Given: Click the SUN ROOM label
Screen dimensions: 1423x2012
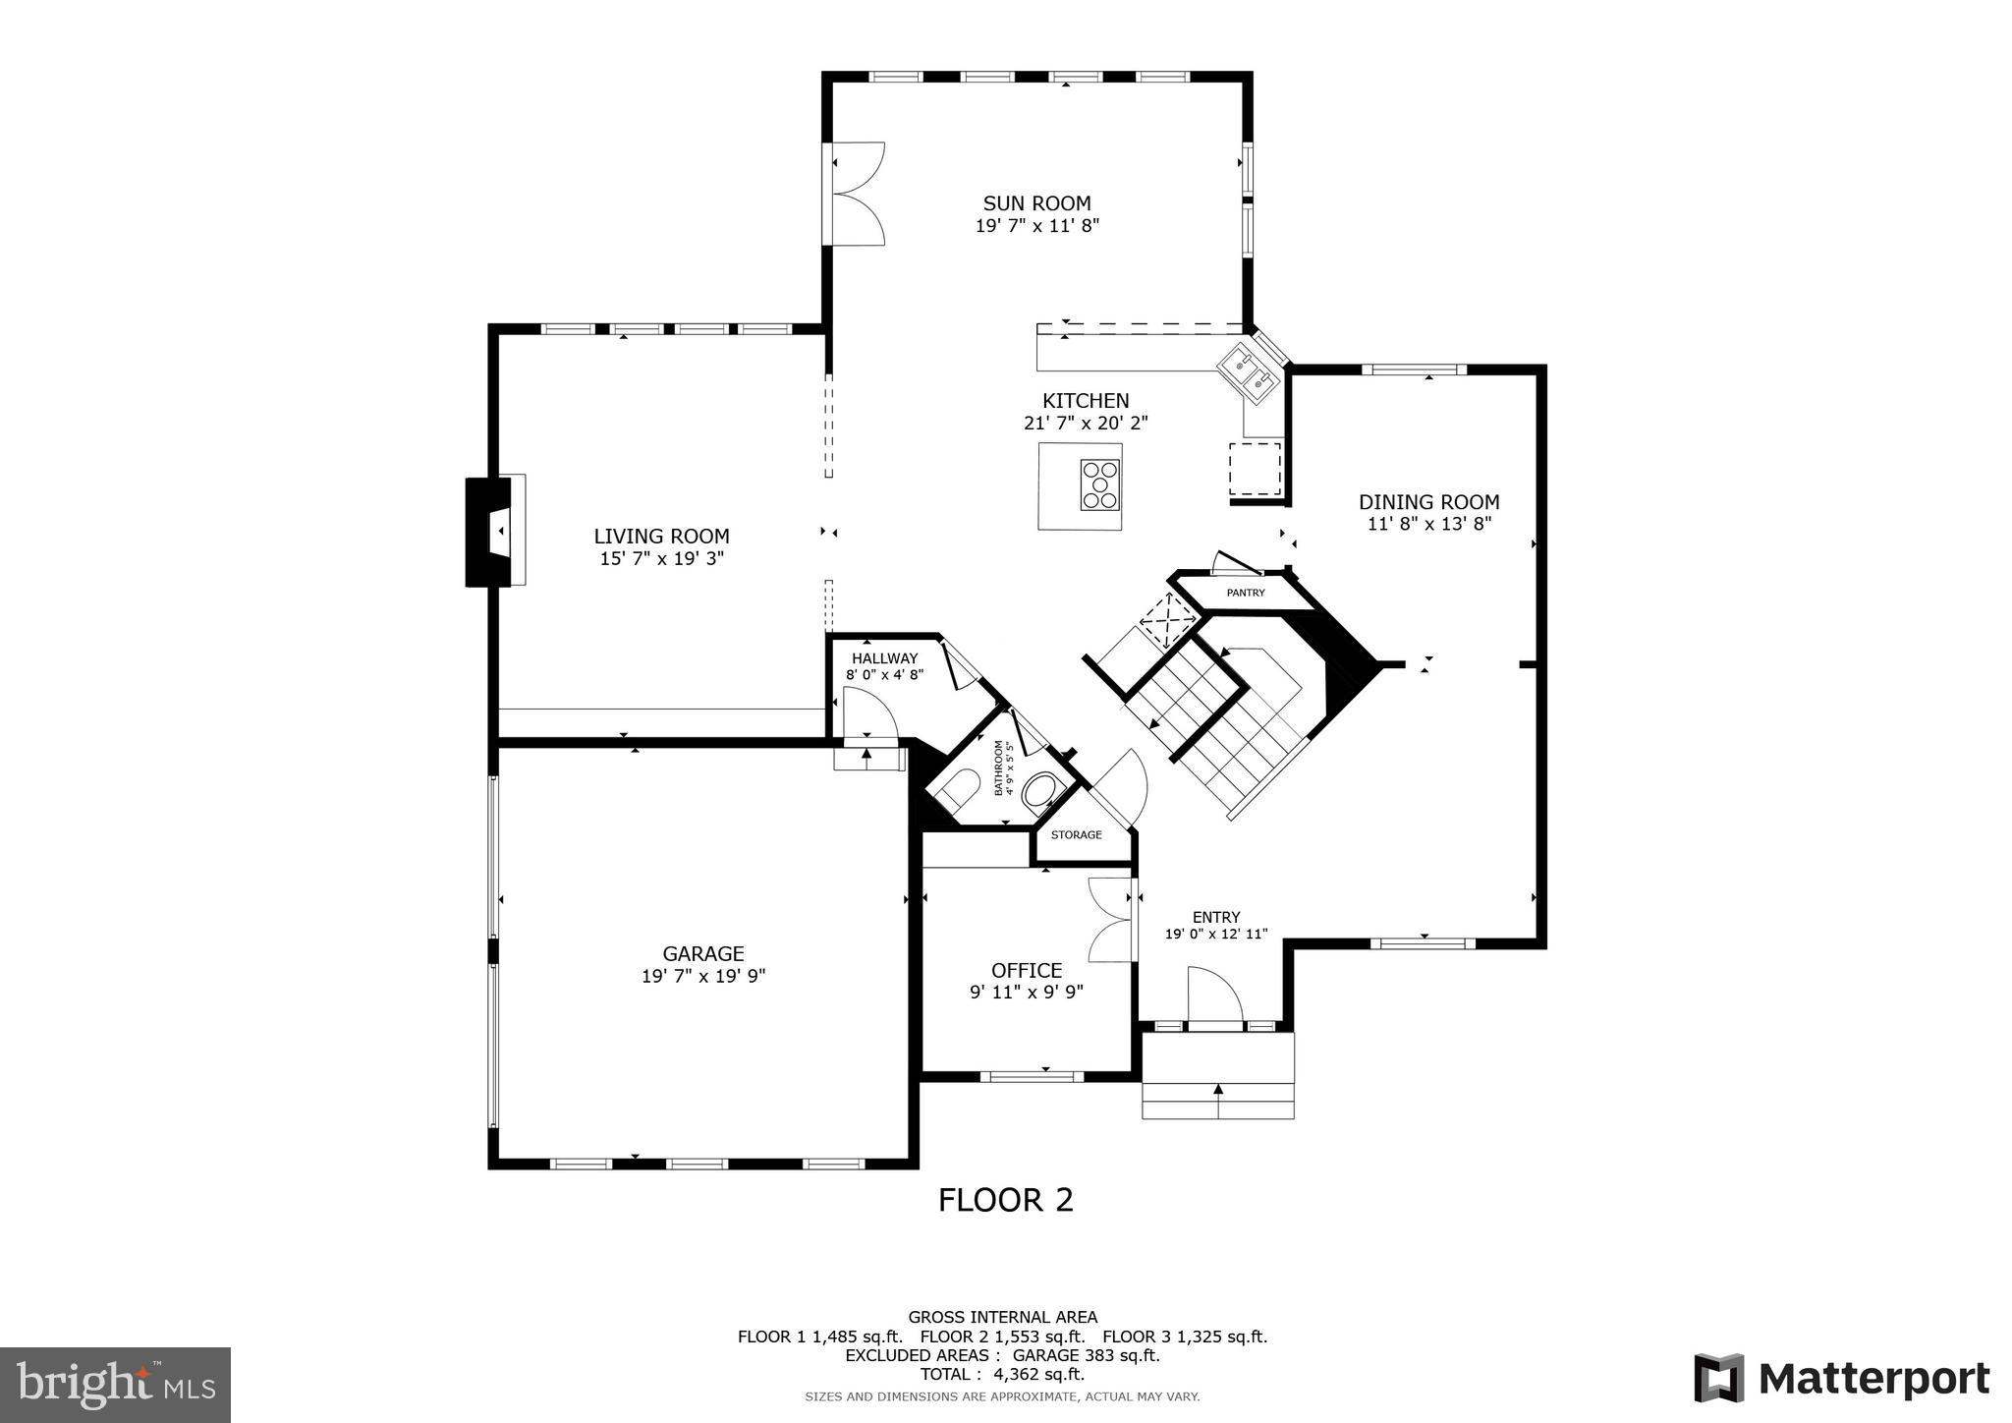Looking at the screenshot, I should pyautogui.click(x=1036, y=203).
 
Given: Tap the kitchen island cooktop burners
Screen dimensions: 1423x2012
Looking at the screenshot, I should pyautogui.click(x=1100, y=484).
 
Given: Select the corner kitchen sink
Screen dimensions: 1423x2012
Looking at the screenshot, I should pyautogui.click(x=1246, y=377).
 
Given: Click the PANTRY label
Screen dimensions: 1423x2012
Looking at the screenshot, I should pyautogui.click(x=1245, y=593).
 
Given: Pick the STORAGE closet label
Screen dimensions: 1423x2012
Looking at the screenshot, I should pyautogui.click(x=1076, y=835).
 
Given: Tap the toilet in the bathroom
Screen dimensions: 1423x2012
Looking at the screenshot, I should pyautogui.click(x=956, y=789).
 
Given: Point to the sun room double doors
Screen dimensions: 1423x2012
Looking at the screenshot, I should pyautogui.click(x=857, y=194).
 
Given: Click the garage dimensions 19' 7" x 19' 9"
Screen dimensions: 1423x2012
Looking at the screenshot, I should pyautogui.click(x=702, y=976).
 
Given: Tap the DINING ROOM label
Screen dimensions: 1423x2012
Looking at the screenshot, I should pyautogui.click(x=1428, y=502).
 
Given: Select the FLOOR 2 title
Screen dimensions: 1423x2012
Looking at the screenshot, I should pyautogui.click(x=1005, y=1200).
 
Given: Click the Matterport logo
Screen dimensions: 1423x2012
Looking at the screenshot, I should pyautogui.click(x=1841, y=1378).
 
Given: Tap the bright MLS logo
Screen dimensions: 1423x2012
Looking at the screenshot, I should pyautogui.click(x=116, y=1385).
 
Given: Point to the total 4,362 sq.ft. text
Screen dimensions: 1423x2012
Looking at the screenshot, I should pyautogui.click(x=1002, y=1374).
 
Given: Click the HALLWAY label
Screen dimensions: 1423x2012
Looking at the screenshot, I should pyautogui.click(x=884, y=658).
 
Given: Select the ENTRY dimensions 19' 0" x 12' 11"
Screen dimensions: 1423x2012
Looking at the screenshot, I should pyautogui.click(x=1216, y=934).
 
